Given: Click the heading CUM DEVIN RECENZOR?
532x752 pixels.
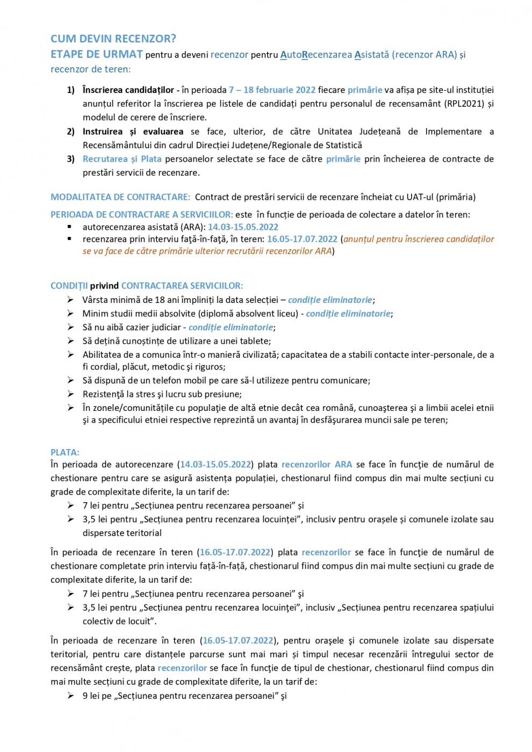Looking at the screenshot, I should point(113,39).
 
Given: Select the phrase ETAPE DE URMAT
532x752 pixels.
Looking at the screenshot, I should point(97,54).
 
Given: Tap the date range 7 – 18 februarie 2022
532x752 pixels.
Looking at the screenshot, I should point(272,90).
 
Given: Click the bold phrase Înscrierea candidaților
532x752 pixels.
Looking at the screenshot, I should point(128,90).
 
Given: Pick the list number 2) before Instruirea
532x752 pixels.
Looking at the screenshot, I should point(71,132).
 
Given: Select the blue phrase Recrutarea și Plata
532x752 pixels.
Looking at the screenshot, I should point(122,159).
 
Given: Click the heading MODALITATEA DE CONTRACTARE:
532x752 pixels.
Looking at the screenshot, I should point(120,197).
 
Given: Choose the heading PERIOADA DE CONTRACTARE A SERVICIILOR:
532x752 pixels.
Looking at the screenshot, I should point(142,214).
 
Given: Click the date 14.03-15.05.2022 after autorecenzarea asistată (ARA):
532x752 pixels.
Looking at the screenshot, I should point(243,227).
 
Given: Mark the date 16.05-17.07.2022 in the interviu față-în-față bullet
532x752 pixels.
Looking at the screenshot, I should point(302,239).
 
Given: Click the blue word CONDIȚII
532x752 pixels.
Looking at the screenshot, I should point(69,286).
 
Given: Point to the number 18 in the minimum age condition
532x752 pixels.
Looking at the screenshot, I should point(160,300).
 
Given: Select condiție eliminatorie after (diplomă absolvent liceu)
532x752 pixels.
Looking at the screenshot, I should point(348,314).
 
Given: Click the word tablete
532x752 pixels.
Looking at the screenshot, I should point(254,341).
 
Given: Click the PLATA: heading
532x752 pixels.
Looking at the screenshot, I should point(65,452).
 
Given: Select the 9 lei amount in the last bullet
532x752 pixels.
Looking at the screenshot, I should point(90,696).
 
